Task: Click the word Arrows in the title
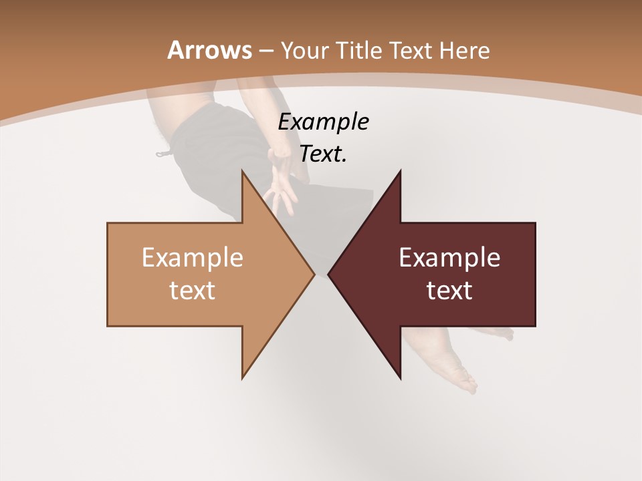209,50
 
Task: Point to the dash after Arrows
265,51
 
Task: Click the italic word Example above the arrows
323,122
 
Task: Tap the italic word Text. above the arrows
323,154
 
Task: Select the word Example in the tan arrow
193,258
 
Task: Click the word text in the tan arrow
193,291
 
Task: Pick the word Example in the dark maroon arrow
449,258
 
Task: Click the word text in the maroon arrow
449,291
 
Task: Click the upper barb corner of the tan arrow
243,172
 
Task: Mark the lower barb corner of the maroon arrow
400,378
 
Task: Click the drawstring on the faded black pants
163,154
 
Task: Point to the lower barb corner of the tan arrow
243,377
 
